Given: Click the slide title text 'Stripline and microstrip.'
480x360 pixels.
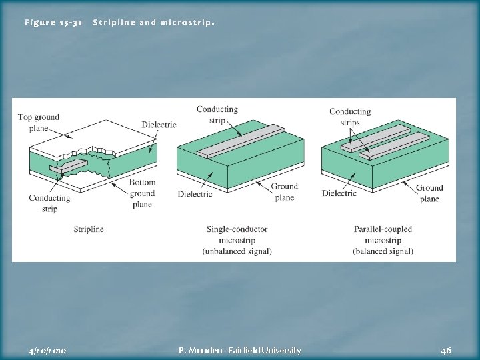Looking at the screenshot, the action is pyautogui.click(x=153, y=23).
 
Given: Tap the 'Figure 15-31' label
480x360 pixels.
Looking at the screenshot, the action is pyautogui.click(x=53, y=23).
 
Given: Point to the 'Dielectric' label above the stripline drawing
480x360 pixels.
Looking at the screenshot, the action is pyautogui.click(x=159, y=125).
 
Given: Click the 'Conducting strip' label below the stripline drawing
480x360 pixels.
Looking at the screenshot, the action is pyautogui.click(x=49, y=203).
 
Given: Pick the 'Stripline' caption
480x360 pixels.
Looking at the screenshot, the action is pyautogui.click(x=89, y=229).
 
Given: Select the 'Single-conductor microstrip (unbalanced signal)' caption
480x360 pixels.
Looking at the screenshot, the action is pyautogui.click(x=237, y=240).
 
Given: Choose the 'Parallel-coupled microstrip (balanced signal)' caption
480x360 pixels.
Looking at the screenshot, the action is pyautogui.click(x=383, y=240).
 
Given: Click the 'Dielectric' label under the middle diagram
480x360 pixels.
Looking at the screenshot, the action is pyautogui.click(x=195, y=194).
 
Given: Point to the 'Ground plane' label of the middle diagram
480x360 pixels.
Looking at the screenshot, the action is pyautogui.click(x=285, y=193).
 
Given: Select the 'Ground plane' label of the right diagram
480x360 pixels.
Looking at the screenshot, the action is pyautogui.click(x=429, y=193).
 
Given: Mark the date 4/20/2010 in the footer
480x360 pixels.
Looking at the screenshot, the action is pyautogui.click(x=48, y=350).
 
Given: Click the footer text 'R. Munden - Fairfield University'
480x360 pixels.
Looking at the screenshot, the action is pyautogui.click(x=240, y=350).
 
